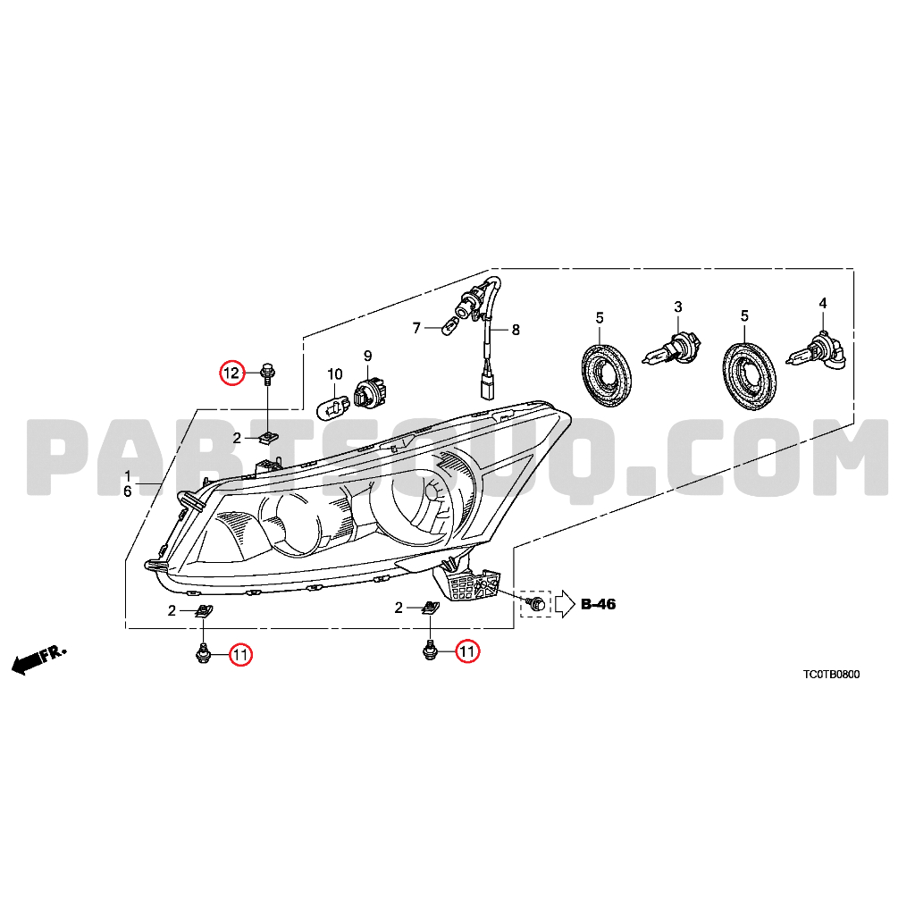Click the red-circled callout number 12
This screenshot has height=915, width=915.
point(231,373)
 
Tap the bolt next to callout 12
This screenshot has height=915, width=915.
point(267,374)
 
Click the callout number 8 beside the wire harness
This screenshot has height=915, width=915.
point(516,330)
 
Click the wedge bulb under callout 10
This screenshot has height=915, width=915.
point(335,405)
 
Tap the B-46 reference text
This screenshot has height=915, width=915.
point(598,603)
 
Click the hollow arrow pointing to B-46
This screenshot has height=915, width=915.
point(565,604)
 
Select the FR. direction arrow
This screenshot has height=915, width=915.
point(39,659)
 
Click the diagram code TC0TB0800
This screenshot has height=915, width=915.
point(831,675)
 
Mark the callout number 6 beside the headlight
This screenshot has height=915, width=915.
point(127,492)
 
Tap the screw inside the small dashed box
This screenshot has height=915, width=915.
point(536,603)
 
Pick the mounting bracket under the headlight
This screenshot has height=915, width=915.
point(466,580)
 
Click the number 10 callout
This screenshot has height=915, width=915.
point(335,374)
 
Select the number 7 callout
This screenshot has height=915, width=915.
point(416,329)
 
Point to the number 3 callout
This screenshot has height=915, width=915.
point(677,306)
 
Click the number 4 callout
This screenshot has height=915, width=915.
point(823,303)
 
